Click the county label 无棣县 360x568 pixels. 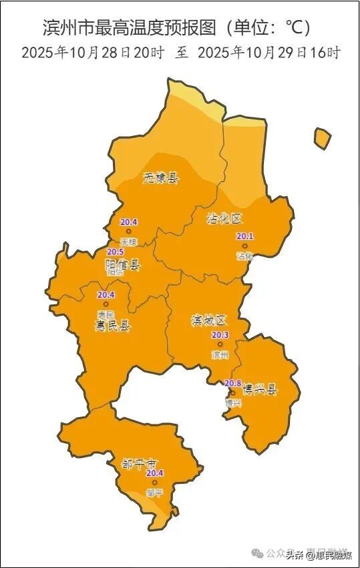click(x=161, y=178)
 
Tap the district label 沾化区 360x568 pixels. click(x=222, y=217)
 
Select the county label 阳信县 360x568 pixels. click(x=124, y=265)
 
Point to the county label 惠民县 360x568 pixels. click(x=112, y=326)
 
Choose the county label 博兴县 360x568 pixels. click(x=259, y=389)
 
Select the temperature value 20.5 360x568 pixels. click(x=116, y=252)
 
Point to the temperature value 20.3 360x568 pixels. click(x=220, y=335)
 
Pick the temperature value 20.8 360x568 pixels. click(x=232, y=382)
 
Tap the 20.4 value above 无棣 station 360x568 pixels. click(x=128, y=222)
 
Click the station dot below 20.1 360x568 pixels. click(x=244, y=246)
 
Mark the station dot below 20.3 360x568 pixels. click(x=220, y=344)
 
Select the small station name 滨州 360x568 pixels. click(x=220, y=354)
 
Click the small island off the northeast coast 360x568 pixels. click(x=323, y=138)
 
